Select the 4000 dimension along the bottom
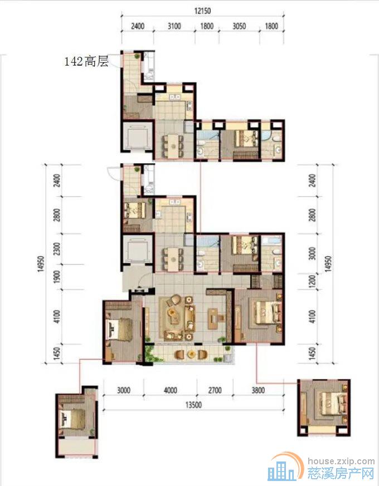point(170,390)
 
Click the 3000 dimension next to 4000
point(124,390)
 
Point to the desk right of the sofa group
point(215,318)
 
